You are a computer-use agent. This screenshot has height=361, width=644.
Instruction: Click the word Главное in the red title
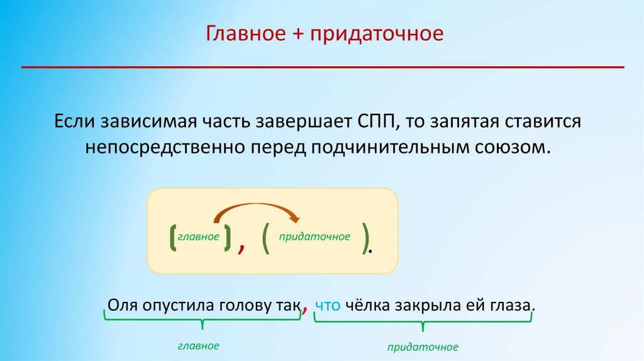point(246,33)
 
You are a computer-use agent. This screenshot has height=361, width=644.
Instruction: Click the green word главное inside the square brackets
point(198,237)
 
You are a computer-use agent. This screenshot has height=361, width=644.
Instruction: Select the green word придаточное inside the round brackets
point(314,237)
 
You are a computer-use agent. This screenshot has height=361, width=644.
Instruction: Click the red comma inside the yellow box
point(241,248)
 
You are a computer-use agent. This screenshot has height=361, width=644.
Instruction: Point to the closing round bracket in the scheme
point(365,238)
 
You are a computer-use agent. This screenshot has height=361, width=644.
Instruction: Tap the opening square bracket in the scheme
point(173,237)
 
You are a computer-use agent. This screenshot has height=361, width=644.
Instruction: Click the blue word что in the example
point(328,306)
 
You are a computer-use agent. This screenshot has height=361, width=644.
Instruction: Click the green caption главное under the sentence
point(198,346)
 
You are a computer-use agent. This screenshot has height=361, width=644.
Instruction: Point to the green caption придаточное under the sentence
point(423,347)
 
